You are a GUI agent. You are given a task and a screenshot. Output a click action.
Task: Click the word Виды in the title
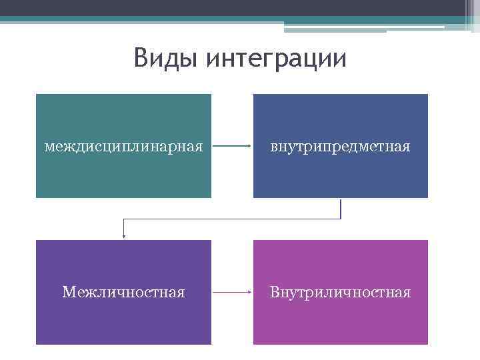(166, 59)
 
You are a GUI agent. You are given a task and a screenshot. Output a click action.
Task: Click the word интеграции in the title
(277, 59)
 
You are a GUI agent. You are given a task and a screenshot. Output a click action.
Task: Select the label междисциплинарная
(123, 146)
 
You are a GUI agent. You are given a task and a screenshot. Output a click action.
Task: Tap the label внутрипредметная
(340, 146)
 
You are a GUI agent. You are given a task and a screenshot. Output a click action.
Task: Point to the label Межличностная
(123, 292)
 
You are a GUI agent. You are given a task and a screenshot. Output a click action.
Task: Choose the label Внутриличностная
(340, 292)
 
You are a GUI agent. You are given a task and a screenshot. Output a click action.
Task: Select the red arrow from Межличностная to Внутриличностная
(232, 292)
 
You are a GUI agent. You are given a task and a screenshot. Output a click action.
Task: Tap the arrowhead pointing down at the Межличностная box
(123, 235)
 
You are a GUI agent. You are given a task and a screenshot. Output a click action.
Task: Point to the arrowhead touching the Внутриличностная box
(249, 292)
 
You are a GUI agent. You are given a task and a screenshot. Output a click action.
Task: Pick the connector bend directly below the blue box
(341, 219)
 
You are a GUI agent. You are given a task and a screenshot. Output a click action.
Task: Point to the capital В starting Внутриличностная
(274, 292)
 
